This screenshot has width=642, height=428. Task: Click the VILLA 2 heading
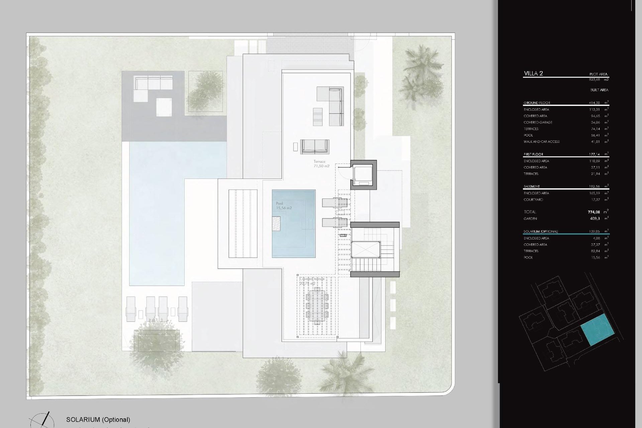pyautogui.click(x=533, y=74)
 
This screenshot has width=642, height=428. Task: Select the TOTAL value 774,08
pyautogui.click(x=594, y=212)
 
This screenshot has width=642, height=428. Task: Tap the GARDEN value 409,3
pyautogui.click(x=595, y=219)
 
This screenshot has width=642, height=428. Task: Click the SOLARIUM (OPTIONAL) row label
pyautogui.click(x=541, y=231)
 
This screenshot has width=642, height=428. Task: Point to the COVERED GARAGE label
pyautogui.click(x=538, y=122)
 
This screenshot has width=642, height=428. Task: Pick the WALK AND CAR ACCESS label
pyautogui.click(x=541, y=142)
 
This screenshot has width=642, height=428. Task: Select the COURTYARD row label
pyautogui.click(x=533, y=200)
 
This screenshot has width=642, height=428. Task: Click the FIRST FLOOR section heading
pyautogui.click(x=533, y=154)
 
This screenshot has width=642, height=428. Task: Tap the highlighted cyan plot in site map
pyautogui.click(x=598, y=330)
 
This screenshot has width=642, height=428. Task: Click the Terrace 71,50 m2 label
pyautogui.click(x=321, y=164)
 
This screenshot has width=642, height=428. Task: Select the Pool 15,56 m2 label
pyautogui.click(x=284, y=206)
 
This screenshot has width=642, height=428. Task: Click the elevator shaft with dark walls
pyautogui.click(x=363, y=175)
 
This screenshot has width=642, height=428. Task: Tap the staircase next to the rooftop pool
pyautogui.click(x=376, y=249)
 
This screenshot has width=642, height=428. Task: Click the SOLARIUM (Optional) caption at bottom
pyautogui.click(x=98, y=420)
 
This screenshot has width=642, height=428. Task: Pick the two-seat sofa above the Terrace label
pyautogui.click(x=315, y=146)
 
